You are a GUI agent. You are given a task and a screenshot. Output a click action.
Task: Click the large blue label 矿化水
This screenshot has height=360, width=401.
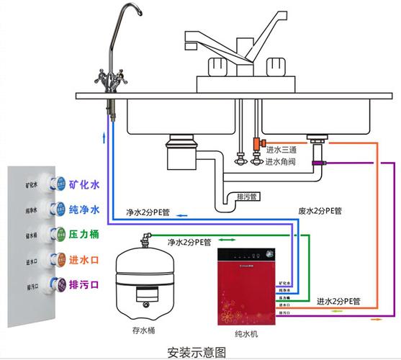tap(84, 185)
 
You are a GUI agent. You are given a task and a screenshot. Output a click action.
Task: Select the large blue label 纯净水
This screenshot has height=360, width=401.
tap(84, 210)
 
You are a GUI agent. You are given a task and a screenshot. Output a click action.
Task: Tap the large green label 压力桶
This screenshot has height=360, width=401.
tap(84, 234)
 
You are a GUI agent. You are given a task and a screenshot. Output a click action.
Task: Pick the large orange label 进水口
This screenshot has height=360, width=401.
tap(84, 259)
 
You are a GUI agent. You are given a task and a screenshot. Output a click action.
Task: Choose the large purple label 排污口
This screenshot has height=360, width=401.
tap(84, 284)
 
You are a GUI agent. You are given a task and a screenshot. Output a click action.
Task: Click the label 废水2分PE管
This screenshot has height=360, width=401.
tap(320, 211)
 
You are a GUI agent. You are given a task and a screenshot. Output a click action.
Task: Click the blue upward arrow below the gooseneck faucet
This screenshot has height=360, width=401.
tap(107, 136)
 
